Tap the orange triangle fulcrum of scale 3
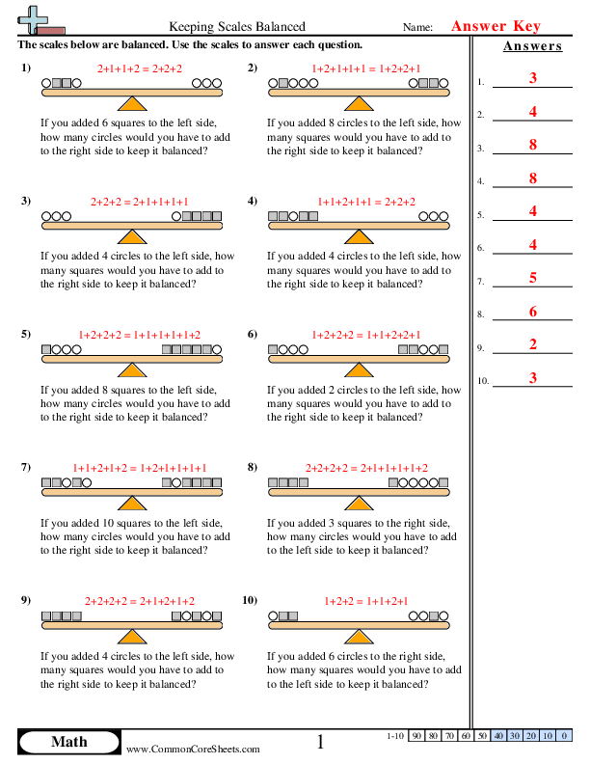click(132, 235)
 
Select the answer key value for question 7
click(533, 278)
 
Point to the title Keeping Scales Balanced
click(237, 27)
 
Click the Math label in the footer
click(68, 741)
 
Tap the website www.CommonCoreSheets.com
click(193, 749)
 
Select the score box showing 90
click(416, 736)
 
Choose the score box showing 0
click(562, 736)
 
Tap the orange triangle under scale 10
click(359, 636)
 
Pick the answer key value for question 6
click(533, 245)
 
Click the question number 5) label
click(25, 334)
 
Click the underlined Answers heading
click(532, 46)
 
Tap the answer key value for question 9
click(533, 344)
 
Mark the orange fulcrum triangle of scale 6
click(359, 368)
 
